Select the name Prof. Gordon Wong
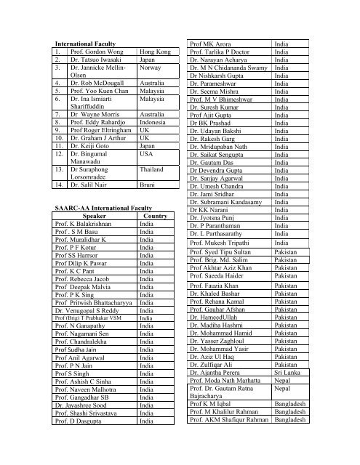(99, 53)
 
